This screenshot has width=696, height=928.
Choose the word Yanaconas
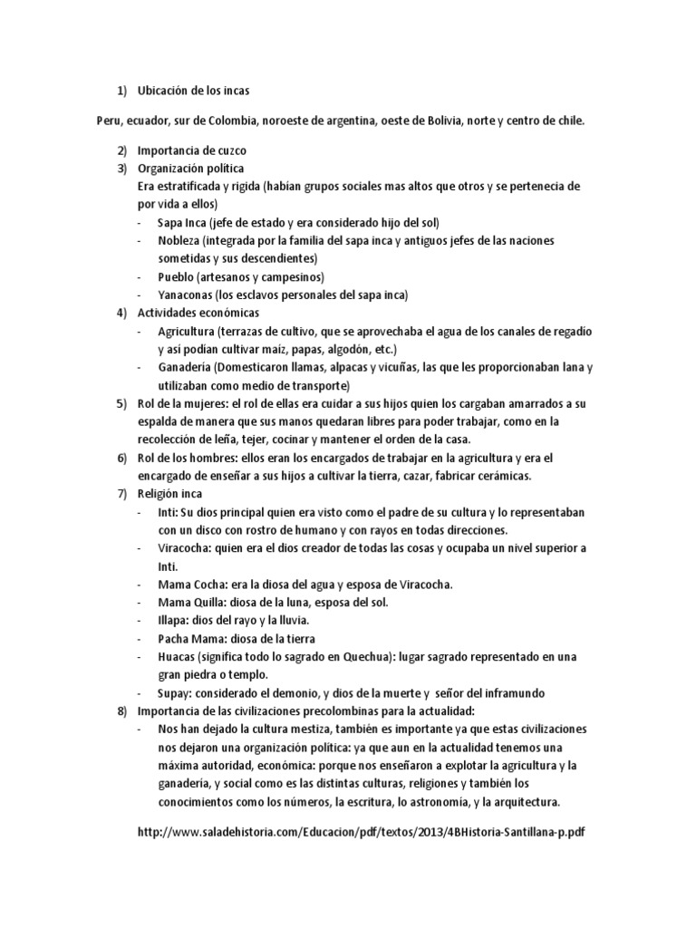click(188, 295)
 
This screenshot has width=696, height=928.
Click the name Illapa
click(175, 621)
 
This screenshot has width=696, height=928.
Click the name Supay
click(175, 693)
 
